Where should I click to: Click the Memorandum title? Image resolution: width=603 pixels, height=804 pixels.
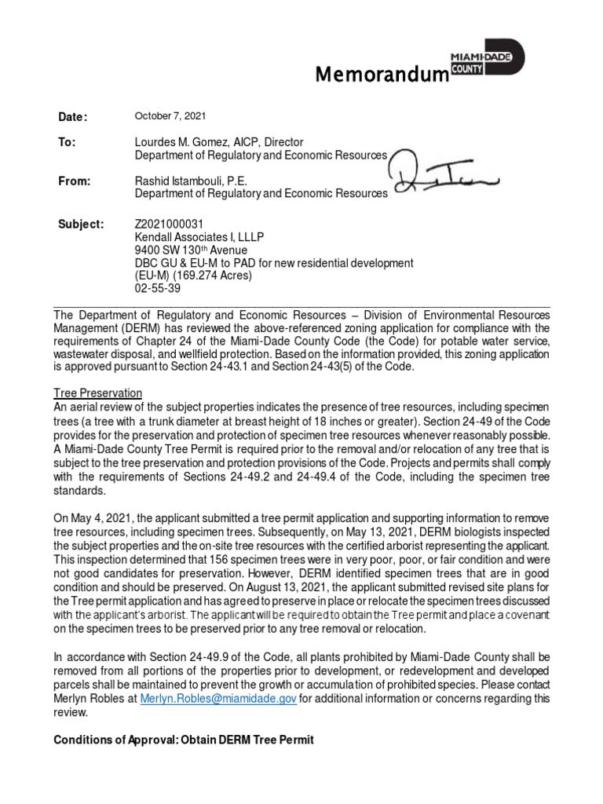point(381,75)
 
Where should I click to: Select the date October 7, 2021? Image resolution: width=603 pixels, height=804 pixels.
point(170,116)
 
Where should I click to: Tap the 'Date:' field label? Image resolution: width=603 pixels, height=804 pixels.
point(73,117)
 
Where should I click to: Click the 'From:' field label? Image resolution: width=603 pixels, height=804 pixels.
point(75,181)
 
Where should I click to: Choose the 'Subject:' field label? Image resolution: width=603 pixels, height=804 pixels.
point(81,225)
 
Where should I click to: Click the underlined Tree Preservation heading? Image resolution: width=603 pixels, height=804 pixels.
point(97,392)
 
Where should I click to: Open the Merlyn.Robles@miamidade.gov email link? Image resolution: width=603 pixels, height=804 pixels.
point(217,699)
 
